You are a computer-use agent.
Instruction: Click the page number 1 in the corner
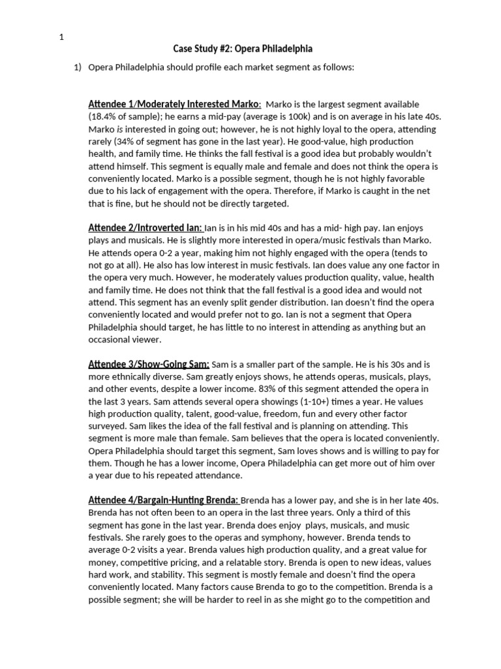click(61, 37)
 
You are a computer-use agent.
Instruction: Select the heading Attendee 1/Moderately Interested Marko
click(174, 105)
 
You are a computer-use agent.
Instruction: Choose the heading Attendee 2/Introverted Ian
click(145, 228)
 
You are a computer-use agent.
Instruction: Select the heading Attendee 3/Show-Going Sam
click(149, 364)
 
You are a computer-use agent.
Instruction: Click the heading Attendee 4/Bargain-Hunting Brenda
click(164, 500)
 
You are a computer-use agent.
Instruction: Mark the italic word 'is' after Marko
click(119, 129)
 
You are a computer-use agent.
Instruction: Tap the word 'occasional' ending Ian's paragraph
click(112, 340)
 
